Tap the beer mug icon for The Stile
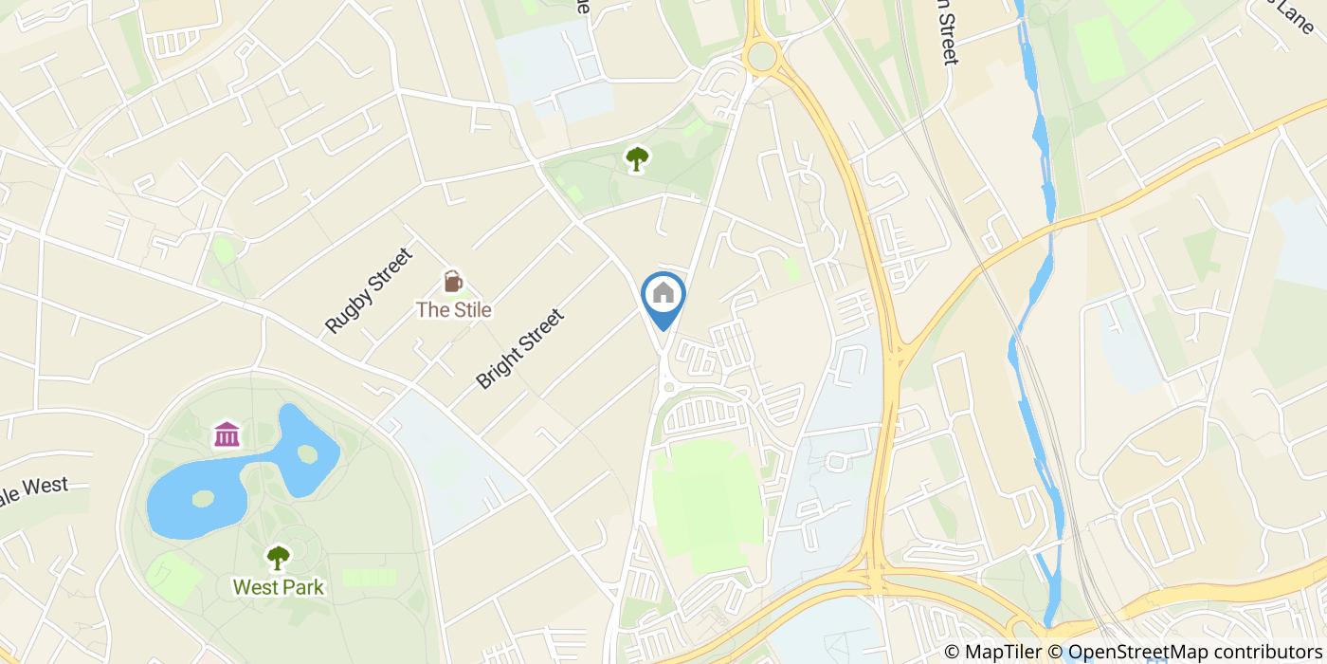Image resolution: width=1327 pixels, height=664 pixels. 453,282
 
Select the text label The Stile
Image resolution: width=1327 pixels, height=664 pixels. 454,309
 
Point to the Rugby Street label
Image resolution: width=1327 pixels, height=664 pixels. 369,290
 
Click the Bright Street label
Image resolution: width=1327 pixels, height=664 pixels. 520,348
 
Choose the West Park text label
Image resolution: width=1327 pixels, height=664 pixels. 278,587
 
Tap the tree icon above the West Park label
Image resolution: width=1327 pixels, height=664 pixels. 278,557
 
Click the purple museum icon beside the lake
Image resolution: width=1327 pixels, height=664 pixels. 227,434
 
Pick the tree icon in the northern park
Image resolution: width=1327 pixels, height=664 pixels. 636,157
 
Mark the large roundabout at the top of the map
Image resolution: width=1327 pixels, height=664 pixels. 761,56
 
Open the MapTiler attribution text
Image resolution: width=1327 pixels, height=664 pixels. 995,652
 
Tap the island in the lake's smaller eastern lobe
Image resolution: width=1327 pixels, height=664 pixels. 306,453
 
